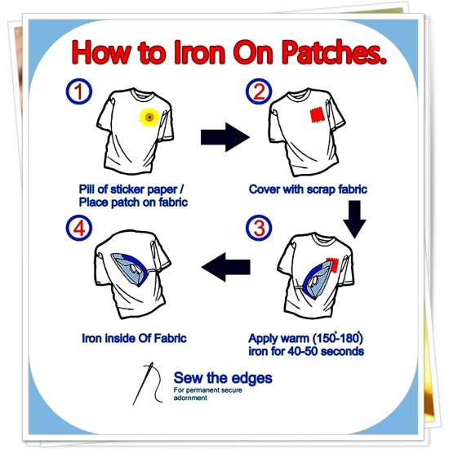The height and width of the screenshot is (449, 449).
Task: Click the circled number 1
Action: [79, 91]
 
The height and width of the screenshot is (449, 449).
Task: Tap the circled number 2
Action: [259, 91]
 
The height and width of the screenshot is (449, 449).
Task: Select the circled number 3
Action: [259, 228]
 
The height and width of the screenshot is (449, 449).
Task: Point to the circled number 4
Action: [79, 228]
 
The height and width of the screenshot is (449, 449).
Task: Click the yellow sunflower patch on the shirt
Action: [149, 117]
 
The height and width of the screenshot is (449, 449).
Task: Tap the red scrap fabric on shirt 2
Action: [318, 115]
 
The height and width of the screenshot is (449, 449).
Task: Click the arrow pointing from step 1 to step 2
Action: [225, 137]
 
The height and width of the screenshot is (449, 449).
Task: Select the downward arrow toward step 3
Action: [354, 219]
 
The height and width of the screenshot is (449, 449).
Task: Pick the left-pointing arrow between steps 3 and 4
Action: [226, 267]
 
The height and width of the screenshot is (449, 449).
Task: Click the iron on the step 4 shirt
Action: [131, 269]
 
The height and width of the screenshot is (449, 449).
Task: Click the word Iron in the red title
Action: [199, 52]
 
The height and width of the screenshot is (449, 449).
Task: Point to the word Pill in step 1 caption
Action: [87, 189]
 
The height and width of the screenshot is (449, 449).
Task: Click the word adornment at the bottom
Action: [190, 398]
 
